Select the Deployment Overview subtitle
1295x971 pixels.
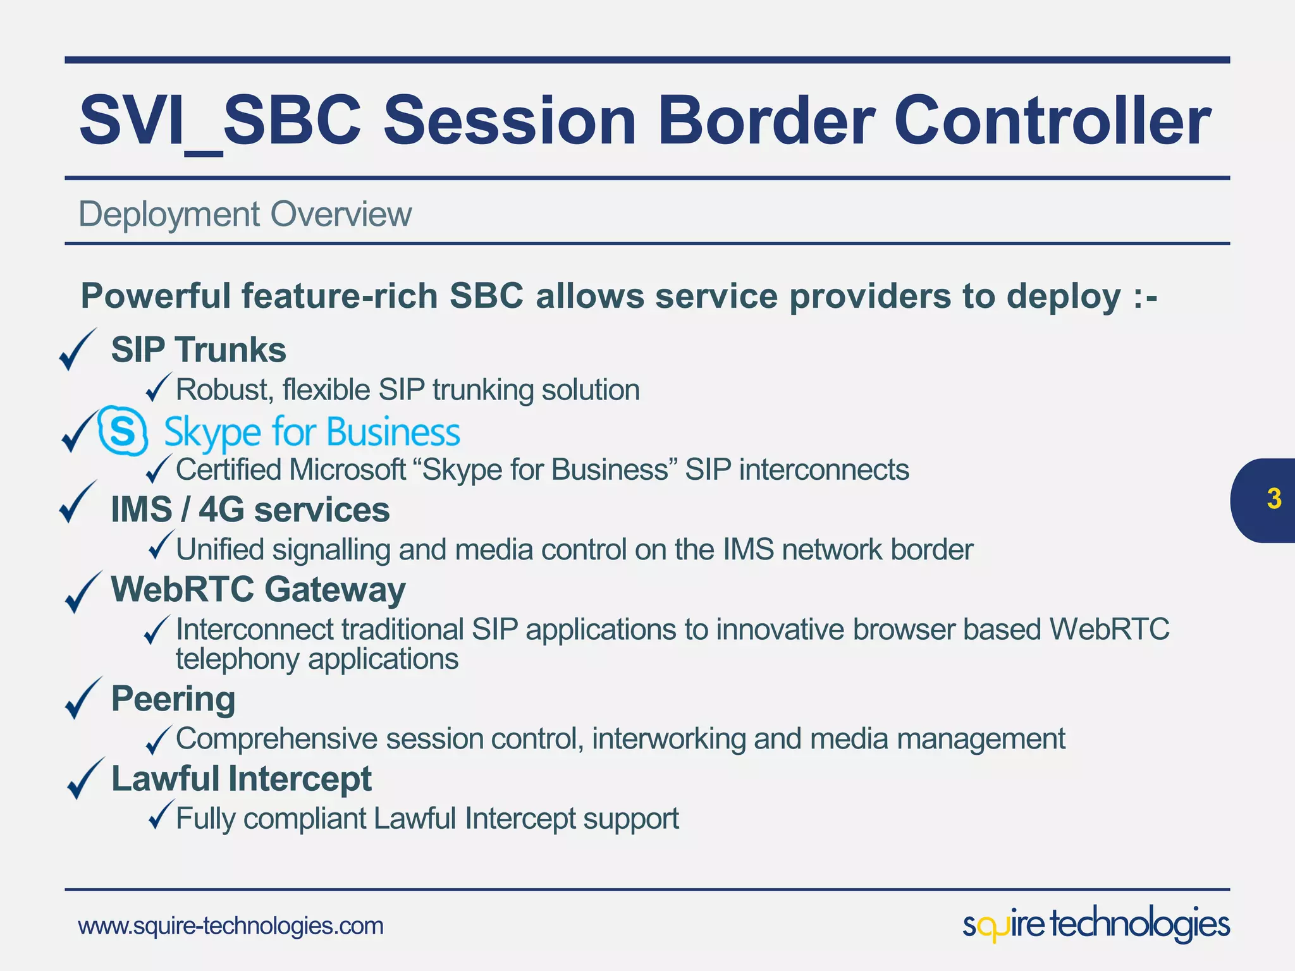(245, 214)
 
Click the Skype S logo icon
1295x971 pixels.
(123, 432)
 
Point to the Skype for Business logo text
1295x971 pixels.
(312, 432)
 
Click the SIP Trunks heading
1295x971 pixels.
(199, 350)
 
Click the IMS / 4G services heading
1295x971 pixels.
(250, 510)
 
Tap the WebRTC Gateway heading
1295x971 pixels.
(258, 589)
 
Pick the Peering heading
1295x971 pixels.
(173, 699)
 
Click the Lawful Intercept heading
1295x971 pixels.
(242, 778)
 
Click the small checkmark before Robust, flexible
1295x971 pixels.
(157, 387)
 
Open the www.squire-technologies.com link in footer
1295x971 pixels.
(231, 926)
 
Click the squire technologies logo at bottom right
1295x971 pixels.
(1096, 924)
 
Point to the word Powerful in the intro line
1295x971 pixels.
(155, 296)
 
